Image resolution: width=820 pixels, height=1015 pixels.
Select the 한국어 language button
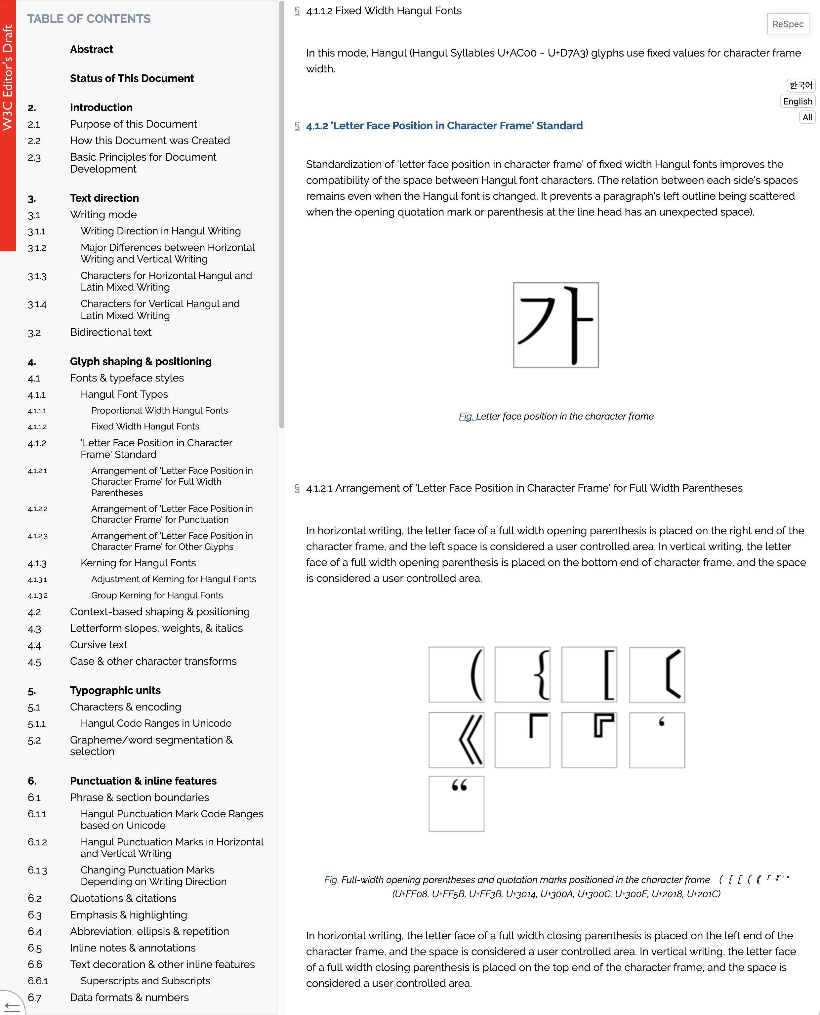800,86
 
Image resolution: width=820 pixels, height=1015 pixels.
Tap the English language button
797,101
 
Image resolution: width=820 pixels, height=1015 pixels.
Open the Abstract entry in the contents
91,50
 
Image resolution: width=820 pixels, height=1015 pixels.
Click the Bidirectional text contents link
110,333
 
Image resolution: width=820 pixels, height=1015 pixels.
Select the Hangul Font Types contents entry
124,394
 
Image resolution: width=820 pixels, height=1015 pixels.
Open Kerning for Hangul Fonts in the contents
138,563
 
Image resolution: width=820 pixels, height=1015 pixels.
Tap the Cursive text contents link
98,645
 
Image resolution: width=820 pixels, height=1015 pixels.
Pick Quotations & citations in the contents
123,898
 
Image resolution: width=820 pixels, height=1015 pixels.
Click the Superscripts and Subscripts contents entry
145,981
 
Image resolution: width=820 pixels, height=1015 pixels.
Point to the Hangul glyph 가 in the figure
555,325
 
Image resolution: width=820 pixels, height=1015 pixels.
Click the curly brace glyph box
522,674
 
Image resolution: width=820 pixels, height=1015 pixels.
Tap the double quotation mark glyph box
456,803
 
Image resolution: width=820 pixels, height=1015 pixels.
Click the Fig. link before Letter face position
466,417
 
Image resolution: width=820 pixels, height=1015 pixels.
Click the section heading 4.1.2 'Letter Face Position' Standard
444,126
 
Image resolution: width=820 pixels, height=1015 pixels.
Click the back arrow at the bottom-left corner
11,1005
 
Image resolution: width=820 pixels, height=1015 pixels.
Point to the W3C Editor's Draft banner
8,78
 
